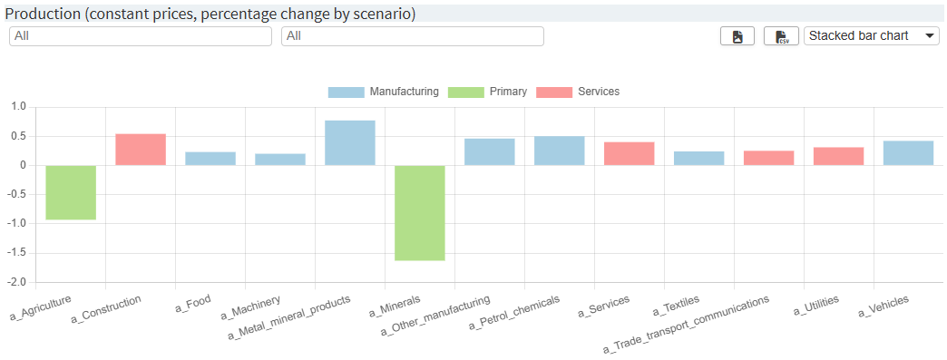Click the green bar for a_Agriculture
point(71,192)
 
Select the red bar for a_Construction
point(141,150)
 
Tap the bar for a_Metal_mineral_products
point(350,143)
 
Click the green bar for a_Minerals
point(420,213)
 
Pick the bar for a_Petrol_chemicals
point(560,151)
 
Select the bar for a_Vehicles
point(908,153)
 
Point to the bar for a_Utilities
point(838,156)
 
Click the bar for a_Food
point(210,159)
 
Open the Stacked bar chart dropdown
point(872,36)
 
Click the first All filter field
point(141,36)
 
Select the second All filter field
point(413,36)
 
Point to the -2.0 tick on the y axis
point(18,282)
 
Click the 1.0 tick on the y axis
point(19,107)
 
